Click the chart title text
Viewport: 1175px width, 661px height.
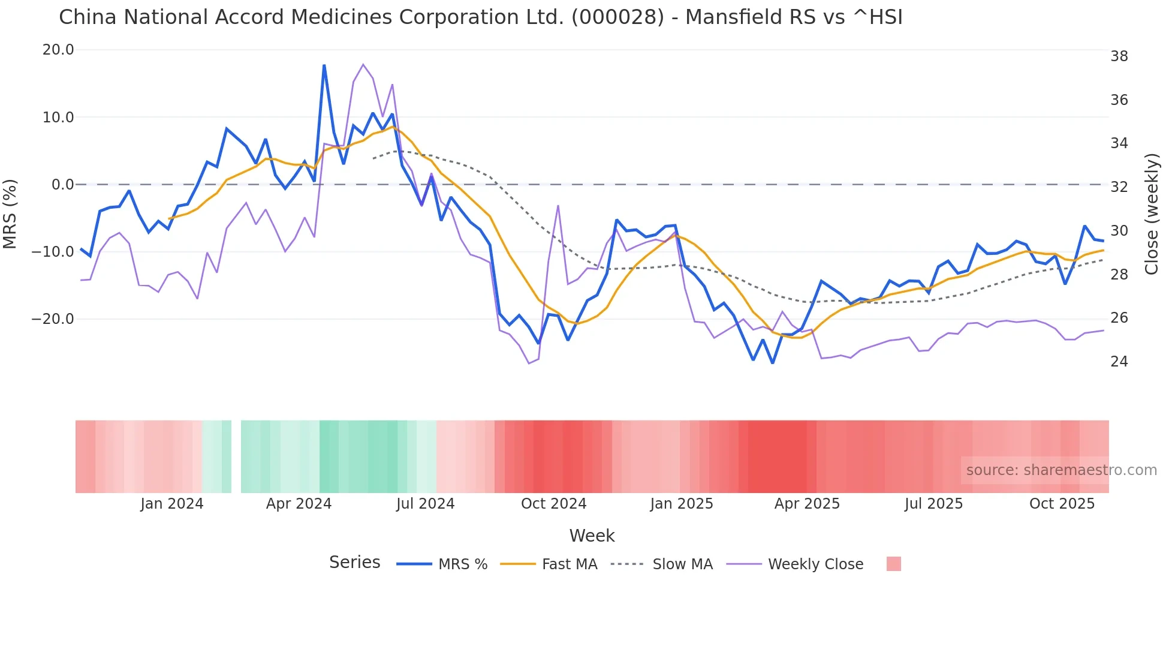tap(480, 17)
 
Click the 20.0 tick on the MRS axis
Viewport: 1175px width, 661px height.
tap(58, 50)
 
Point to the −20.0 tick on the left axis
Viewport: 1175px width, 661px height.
tap(53, 319)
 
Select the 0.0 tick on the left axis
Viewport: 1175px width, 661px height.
tap(62, 185)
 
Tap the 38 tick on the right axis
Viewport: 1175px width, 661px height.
tap(1119, 56)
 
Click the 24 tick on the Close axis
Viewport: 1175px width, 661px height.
tap(1119, 362)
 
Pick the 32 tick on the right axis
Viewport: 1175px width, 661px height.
tap(1119, 187)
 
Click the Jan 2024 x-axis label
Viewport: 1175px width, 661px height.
tap(172, 504)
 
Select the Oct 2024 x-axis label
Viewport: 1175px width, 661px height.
tap(553, 504)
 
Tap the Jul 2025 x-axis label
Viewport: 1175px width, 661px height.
tap(933, 504)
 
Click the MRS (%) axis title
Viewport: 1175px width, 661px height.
tap(10, 214)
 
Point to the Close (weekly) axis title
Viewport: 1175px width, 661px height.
tap(1152, 214)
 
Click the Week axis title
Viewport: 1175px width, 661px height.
tap(592, 536)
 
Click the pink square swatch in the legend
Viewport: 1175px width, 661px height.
tap(893, 564)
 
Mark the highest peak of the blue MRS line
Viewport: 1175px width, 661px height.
tap(324, 65)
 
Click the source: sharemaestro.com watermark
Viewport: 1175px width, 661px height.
tap(1061, 470)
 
